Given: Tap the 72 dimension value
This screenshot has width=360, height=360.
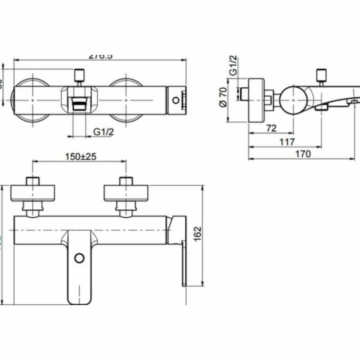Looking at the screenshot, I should pos(270,128).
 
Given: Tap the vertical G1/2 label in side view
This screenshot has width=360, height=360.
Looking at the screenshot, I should pos(234,66).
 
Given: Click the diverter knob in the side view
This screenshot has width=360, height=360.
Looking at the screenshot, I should pos(321,74).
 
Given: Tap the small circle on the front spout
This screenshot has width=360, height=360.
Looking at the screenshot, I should pos(79,258).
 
